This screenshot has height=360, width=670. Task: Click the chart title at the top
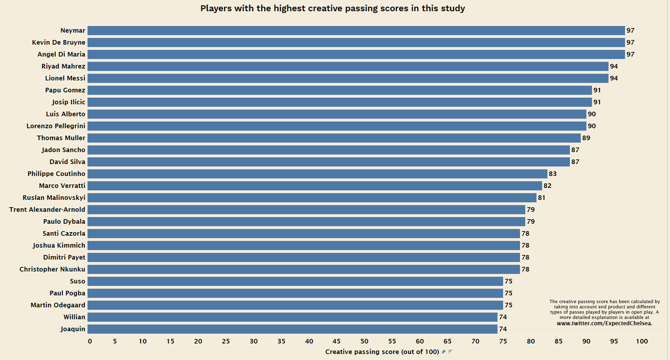click(x=332, y=8)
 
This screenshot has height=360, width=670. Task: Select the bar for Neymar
click(x=356, y=30)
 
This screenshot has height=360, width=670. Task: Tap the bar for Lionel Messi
click(x=347, y=78)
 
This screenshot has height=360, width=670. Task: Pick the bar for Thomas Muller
click(x=334, y=138)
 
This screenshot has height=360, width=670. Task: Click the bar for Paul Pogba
click(x=295, y=293)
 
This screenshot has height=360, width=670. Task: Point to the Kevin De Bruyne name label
click(x=59, y=42)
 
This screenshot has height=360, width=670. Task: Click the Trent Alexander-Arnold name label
click(x=47, y=209)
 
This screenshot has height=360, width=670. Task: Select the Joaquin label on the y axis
click(x=73, y=329)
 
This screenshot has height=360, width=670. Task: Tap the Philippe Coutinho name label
click(x=56, y=174)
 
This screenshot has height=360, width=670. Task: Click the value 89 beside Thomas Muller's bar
click(x=586, y=138)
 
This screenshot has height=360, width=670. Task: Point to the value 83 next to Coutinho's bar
click(x=553, y=174)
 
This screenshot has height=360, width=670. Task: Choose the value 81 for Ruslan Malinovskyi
click(x=542, y=198)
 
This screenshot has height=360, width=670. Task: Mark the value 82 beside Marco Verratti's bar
click(x=547, y=185)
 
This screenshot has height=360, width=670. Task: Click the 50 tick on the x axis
click(x=365, y=341)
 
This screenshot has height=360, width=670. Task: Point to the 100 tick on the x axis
click(x=642, y=341)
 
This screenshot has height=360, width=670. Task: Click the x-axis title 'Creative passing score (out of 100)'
click(x=382, y=352)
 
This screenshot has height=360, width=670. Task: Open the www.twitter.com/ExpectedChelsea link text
click(x=605, y=323)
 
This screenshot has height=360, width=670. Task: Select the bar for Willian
click(x=292, y=317)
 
